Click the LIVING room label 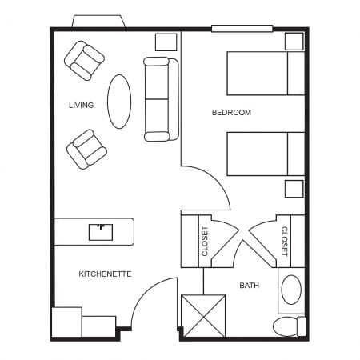82,105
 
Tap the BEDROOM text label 231,113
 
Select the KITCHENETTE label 105,274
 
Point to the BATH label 249,285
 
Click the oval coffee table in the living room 119,101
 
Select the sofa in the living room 157,98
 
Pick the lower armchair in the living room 86,149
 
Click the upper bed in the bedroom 265,74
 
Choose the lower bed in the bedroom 265,154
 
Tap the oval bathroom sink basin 292,290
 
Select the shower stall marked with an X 203,315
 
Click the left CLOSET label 204,241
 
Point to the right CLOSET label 284,241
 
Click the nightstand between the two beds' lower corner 294,189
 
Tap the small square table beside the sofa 166,42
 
